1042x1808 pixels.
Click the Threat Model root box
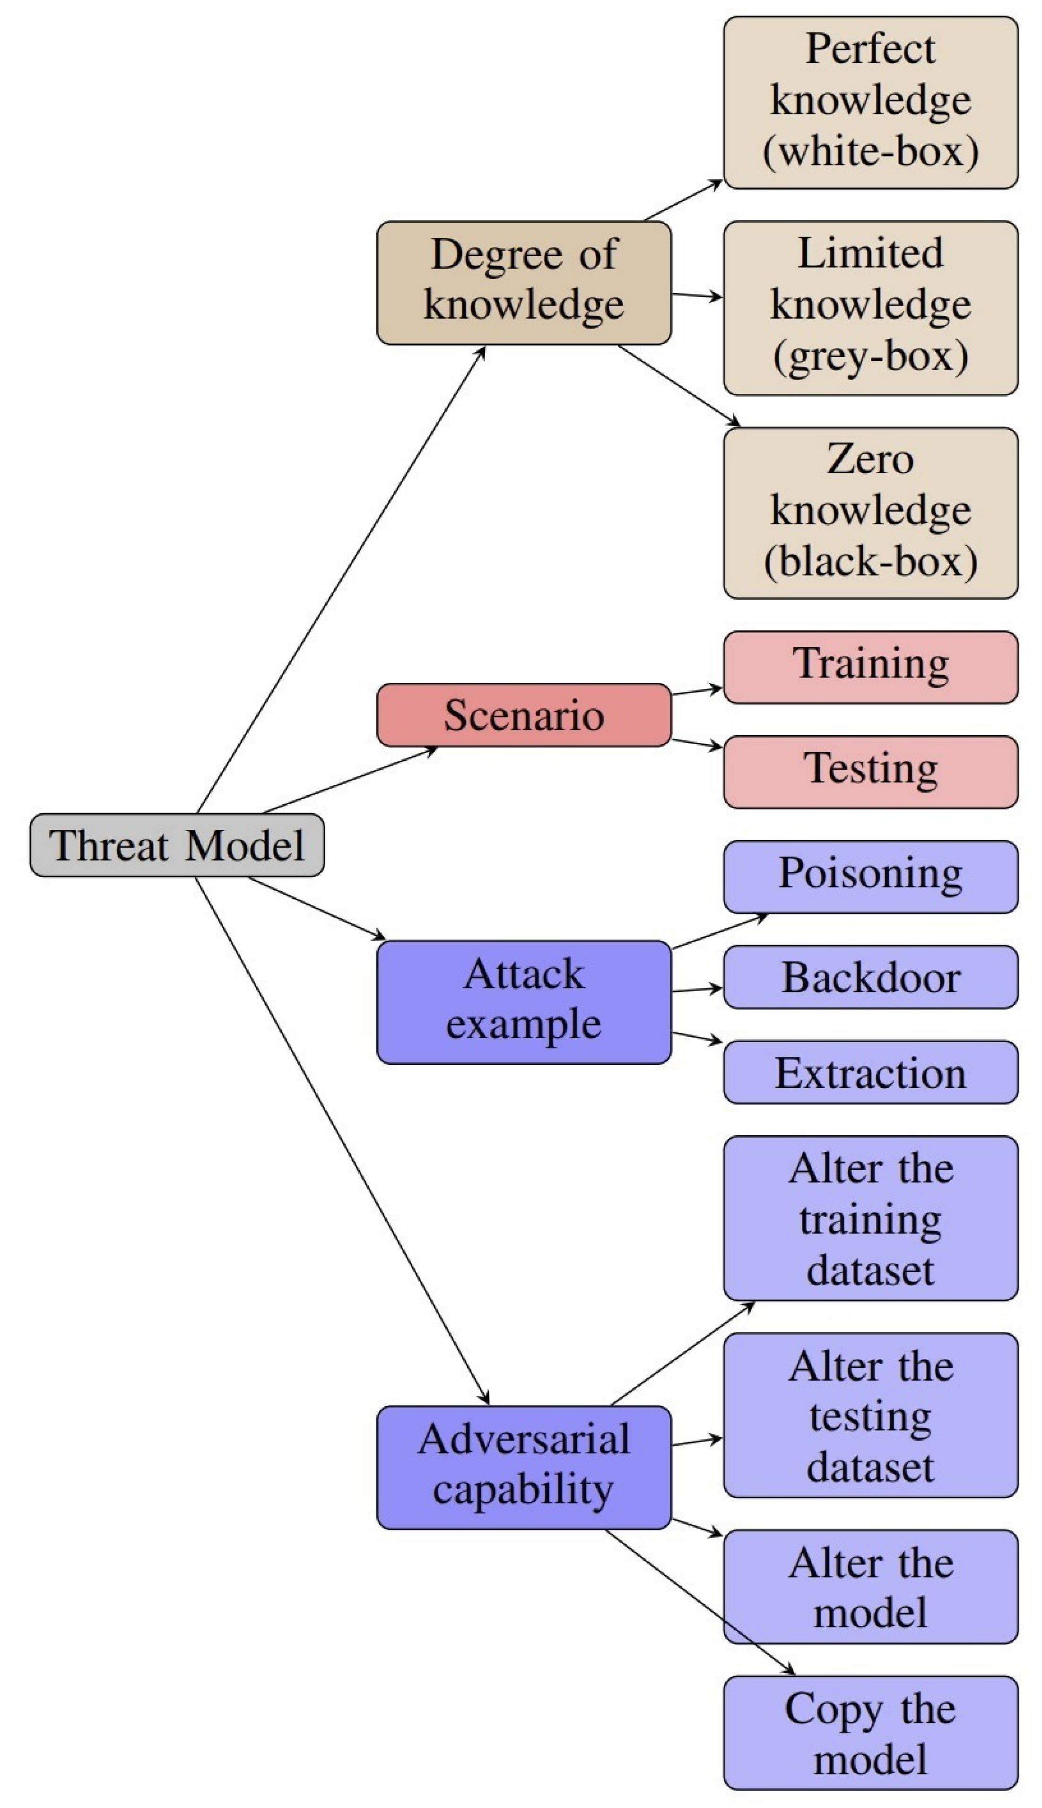[177, 844]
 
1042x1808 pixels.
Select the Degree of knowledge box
[524, 283]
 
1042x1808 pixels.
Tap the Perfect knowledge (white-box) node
[870, 102]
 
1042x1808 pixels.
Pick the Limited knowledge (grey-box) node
[870, 308]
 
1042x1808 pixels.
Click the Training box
[870, 667]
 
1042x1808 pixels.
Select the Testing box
[870, 771]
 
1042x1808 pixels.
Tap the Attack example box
[524, 1002]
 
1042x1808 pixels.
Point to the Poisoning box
[870, 877]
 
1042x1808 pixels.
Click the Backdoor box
[870, 977]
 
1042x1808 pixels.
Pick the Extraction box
[870, 1072]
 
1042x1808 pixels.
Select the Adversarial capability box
[524, 1467]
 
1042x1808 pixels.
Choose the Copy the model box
[870, 1733]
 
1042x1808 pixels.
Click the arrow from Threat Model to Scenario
[351, 781]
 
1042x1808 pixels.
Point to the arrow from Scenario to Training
[697, 691]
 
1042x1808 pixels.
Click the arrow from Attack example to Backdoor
[697, 990]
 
